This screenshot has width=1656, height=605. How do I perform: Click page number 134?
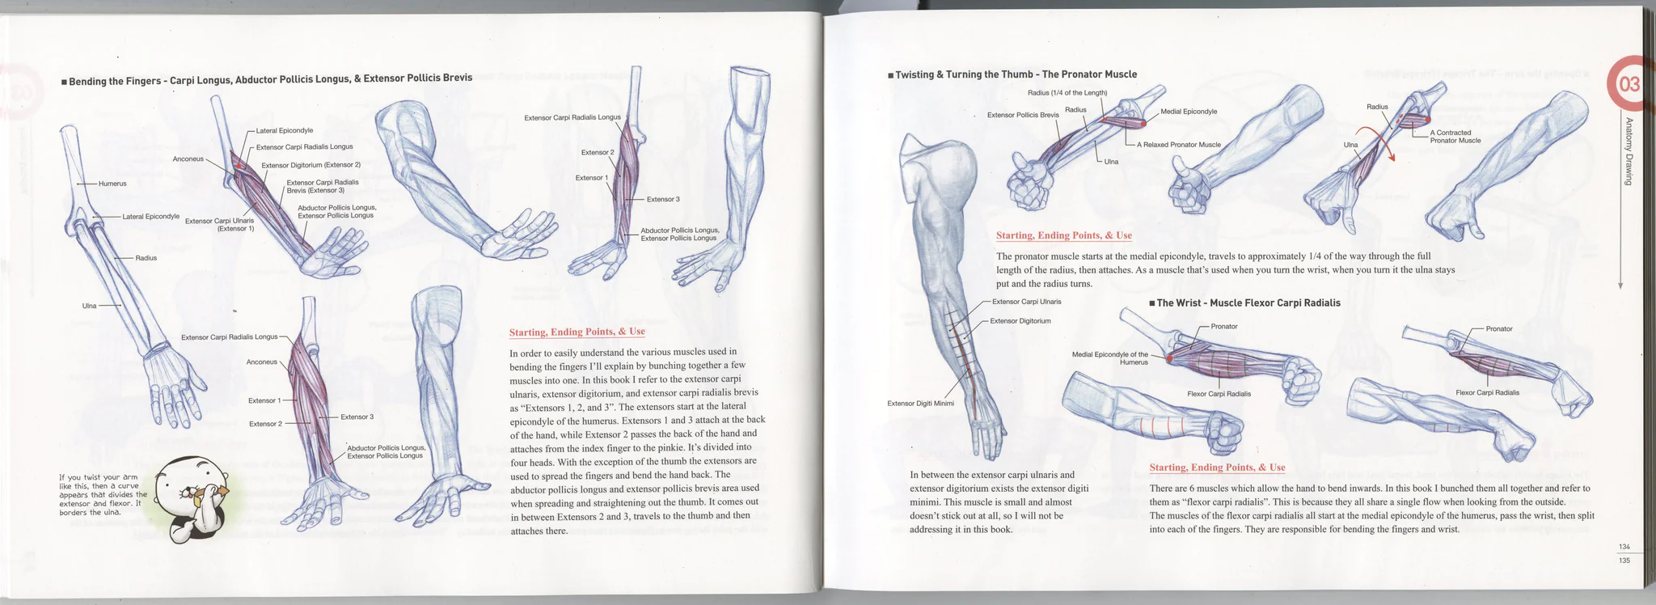[1624, 548]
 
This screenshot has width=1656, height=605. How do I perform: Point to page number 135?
[1624, 560]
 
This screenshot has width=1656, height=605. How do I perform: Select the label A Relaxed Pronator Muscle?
[1178, 145]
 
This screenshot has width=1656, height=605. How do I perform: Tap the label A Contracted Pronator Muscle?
[1455, 137]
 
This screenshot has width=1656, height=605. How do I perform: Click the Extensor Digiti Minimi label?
[920, 404]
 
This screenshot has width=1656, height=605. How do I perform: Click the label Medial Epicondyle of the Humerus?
[1109, 358]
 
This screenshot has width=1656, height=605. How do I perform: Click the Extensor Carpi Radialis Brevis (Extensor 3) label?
[323, 186]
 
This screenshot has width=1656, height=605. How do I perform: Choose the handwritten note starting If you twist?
[103, 495]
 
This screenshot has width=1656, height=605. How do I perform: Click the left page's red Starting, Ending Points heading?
[577, 332]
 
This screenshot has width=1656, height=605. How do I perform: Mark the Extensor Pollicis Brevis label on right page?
[1023, 115]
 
